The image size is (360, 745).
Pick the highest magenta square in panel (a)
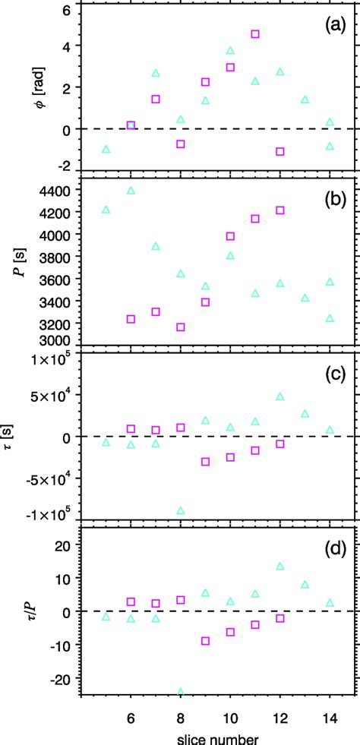click(x=255, y=34)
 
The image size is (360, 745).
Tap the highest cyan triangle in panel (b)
click(x=131, y=191)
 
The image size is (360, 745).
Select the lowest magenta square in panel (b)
click(x=181, y=327)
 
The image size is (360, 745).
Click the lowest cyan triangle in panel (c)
click(x=181, y=511)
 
